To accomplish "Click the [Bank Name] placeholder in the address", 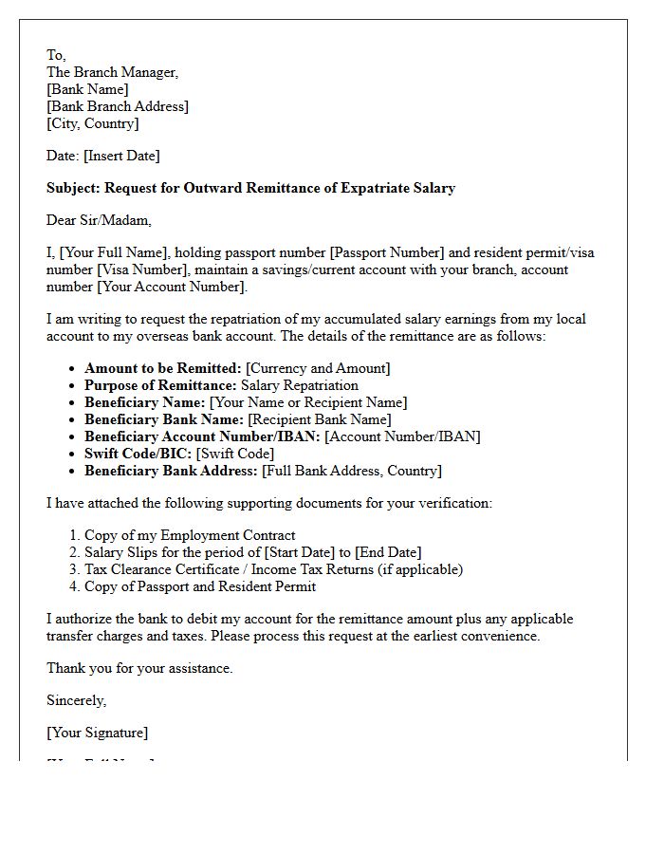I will pyautogui.click(x=87, y=89).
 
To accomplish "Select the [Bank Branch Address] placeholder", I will pyautogui.click(x=118, y=106).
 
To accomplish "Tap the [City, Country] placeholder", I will pyautogui.click(x=93, y=123).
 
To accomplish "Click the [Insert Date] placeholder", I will pyautogui.click(x=121, y=156).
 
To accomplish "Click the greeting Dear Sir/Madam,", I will pyautogui.click(x=99, y=220).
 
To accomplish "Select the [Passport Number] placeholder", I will pyautogui.click(x=386, y=252).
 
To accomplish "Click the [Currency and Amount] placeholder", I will pyautogui.click(x=318, y=368).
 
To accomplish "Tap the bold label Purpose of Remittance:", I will pyautogui.click(x=160, y=385).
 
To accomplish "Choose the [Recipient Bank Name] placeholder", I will pyautogui.click(x=320, y=419).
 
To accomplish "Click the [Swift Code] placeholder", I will pyautogui.click(x=235, y=454).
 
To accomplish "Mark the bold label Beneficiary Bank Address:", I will pyautogui.click(x=171, y=471).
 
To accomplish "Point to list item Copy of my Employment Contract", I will pyautogui.click(x=190, y=535).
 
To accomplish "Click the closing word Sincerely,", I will pyautogui.click(x=77, y=700).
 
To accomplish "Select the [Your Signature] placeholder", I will pyautogui.click(x=98, y=733).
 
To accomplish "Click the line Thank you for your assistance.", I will pyautogui.click(x=139, y=668).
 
